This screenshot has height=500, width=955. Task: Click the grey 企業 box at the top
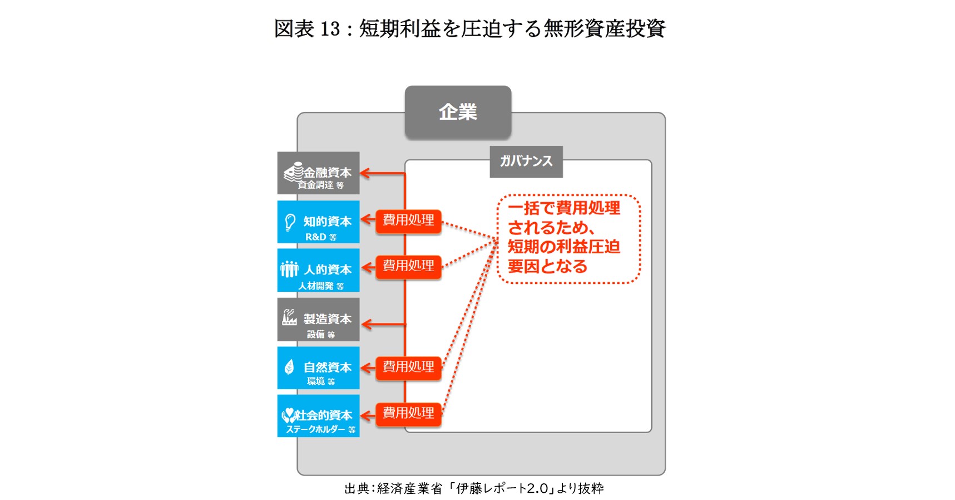point(458,112)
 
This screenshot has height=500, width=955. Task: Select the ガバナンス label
point(526,161)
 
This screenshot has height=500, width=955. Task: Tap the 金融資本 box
point(318,173)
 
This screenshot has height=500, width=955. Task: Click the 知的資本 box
point(318,222)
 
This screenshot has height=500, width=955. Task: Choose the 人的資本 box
point(318,271)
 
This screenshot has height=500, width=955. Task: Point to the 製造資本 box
point(318,320)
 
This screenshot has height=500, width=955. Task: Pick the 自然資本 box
point(318,368)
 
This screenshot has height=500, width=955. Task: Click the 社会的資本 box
point(318,416)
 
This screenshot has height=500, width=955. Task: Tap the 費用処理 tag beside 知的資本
point(408,221)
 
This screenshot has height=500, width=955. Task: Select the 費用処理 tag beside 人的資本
point(408,267)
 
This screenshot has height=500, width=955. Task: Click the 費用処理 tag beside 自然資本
point(408,367)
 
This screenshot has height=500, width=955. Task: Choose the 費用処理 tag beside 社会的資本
point(408,414)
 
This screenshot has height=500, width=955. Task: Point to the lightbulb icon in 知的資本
point(290,222)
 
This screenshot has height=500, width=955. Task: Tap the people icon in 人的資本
point(289,269)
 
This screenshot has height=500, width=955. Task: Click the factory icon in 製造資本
point(289,317)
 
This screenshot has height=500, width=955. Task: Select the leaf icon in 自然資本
point(289,367)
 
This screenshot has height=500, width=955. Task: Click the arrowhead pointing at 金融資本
point(365,173)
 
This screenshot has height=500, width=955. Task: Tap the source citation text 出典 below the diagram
point(474,489)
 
